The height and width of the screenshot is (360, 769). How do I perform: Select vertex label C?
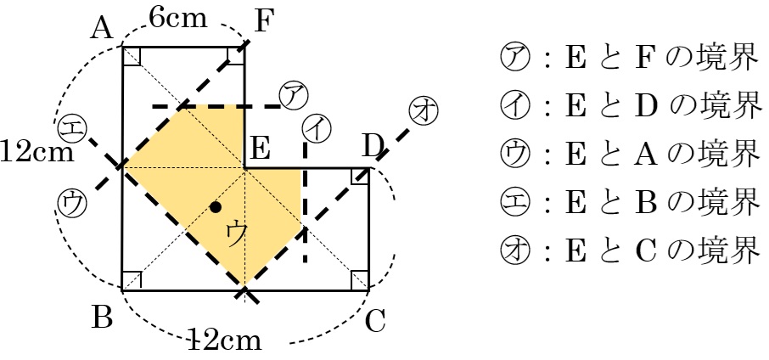click(x=375, y=322)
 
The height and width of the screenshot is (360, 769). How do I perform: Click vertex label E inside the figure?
click(x=259, y=151)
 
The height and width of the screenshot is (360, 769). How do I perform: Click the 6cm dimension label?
click(x=177, y=18)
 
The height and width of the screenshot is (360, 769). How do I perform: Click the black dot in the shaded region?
click(x=216, y=206)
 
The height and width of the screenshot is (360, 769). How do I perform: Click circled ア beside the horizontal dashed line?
click(x=293, y=93)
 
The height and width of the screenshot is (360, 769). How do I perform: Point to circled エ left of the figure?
click(x=70, y=129)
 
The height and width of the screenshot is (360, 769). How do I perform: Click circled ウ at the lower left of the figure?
click(x=71, y=202)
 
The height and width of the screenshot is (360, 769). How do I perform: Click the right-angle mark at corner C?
click(x=359, y=280)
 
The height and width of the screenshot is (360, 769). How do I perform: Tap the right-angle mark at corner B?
click(x=132, y=280)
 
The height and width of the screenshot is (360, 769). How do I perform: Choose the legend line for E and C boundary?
click(x=628, y=250)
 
